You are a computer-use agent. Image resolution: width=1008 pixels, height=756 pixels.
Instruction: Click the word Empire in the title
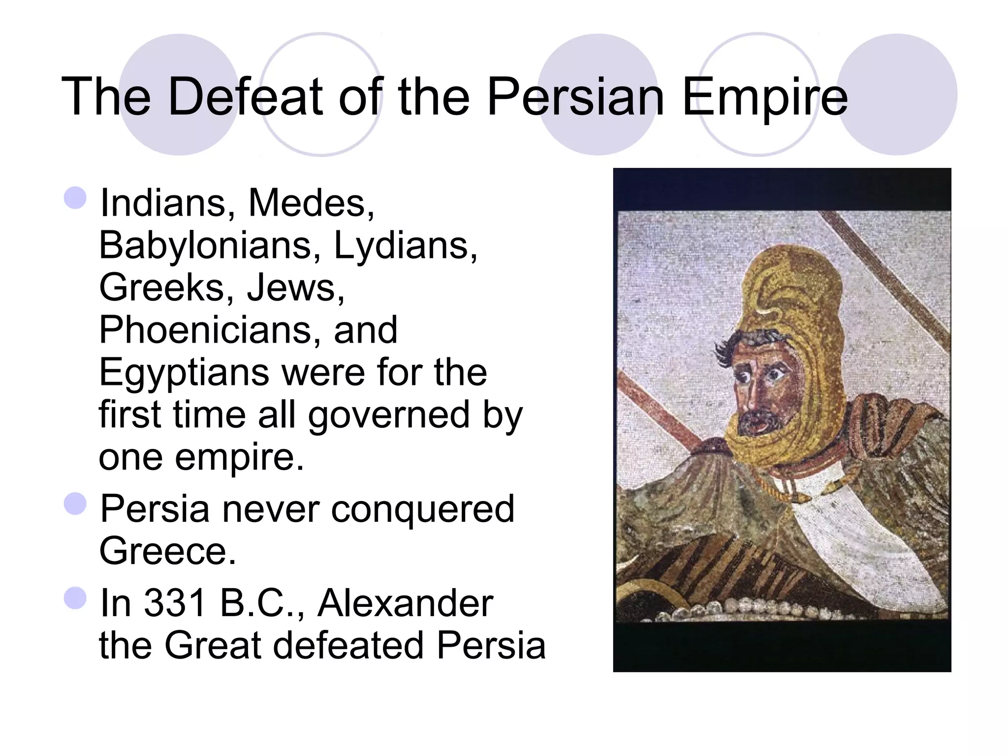765,97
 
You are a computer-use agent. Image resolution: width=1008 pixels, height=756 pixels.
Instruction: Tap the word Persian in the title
576,96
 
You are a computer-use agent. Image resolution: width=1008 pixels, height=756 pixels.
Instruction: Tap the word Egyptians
184,373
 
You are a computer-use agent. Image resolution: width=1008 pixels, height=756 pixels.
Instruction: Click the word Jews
295,287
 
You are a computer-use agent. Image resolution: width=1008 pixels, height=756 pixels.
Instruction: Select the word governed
389,415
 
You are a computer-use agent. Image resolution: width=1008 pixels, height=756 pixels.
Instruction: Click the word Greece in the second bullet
167,551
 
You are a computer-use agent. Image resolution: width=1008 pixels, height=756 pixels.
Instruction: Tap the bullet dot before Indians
75,198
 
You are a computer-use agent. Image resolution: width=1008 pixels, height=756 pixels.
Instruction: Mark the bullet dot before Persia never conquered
75,504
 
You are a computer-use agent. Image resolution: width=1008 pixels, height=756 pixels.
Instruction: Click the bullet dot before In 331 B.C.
75,598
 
